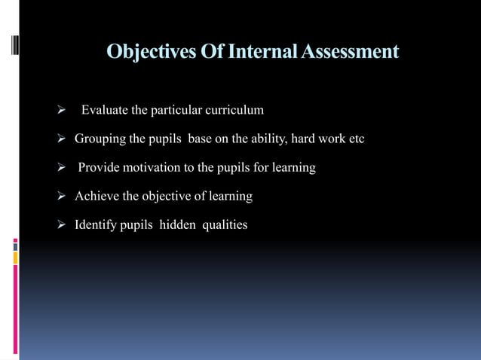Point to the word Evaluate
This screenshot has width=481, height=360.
pyautogui.click(x=105, y=111)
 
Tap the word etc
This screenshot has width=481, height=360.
pyautogui.click(x=356, y=139)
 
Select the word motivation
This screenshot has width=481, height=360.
pyautogui.click(x=155, y=168)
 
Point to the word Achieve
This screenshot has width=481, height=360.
pyautogui.click(x=97, y=197)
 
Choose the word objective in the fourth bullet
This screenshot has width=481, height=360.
pyautogui.click(x=167, y=197)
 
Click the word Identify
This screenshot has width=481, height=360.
pyautogui.click(x=96, y=225)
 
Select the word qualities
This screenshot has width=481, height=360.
pyautogui.click(x=224, y=225)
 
